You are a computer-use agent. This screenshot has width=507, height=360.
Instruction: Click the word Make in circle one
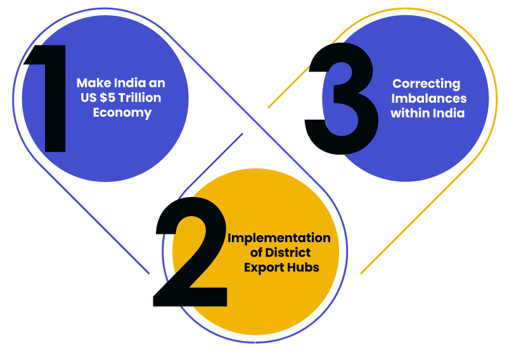pyautogui.click(x=91, y=83)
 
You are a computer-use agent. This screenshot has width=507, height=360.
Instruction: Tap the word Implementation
pyautogui.click(x=279, y=238)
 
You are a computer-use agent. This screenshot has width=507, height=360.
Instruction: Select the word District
pyautogui.click(x=283, y=253)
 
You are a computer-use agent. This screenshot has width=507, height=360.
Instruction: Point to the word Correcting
pyautogui.click(x=426, y=84)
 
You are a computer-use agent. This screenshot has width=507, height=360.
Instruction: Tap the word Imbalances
pyautogui.click(x=428, y=99)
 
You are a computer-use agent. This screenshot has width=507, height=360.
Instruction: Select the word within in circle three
pyautogui.click(x=409, y=114)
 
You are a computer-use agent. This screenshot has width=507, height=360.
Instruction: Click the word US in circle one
pyautogui.click(x=87, y=98)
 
